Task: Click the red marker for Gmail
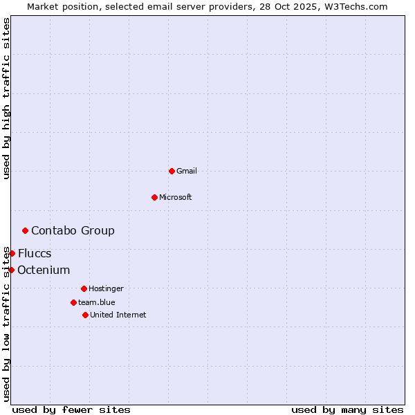pyautogui.click(x=172, y=171)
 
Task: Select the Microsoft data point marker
pyautogui.click(x=154, y=197)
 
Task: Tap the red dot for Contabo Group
pyautogui.click(x=26, y=230)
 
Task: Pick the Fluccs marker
pyautogui.click(x=12, y=253)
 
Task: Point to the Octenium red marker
pyautogui.click(x=11, y=270)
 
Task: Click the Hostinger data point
pyautogui.click(x=84, y=288)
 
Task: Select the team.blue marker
pyautogui.click(x=73, y=302)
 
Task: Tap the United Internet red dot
pyautogui.click(x=85, y=315)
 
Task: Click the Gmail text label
pyautogui.click(x=187, y=171)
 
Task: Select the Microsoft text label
pyautogui.click(x=176, y=197)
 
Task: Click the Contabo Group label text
pyautogui.click(x=73, y=230)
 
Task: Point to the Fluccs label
pyautogui.click(x=35, y=253)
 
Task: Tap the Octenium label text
pyautogui.click(x=44, y=270)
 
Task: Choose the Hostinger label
pyautogui.click(x=106, y=288)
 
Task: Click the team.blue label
pyautogui.click(x=97, y=302)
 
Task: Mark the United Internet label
pyautogui.click(x=118, y=315)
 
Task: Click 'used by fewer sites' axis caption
pyautogui.click(x=71, y=409)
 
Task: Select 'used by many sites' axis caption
pyautogui.click(x=347, y=409)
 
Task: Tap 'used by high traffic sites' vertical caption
pyautogui.click(x=6, y=98)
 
